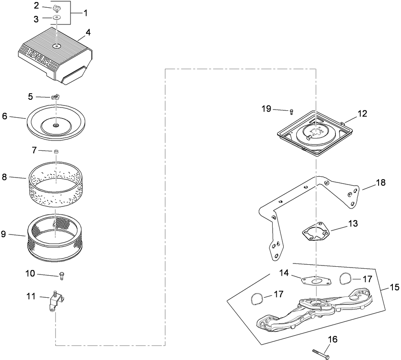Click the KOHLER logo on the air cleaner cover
click(39, 57)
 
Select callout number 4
click(88, 31)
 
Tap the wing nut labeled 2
click(57, 8)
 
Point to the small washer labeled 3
click(57, 18)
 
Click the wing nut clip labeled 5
click(55, 97)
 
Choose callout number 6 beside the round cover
click(5, 116)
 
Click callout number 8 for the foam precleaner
click(5, 177)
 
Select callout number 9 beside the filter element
click(4, 234)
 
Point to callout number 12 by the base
click(362, 114)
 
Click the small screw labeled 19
click(291, 111)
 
